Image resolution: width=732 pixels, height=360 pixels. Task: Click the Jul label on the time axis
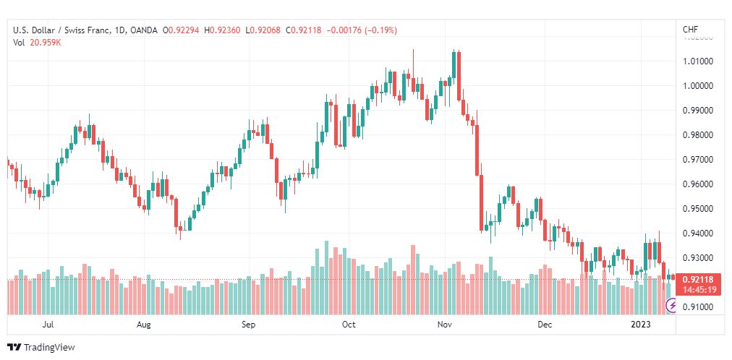click(47, 325)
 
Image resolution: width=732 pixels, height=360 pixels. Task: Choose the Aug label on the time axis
click(144, 325)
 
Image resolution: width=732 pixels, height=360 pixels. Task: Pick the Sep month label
click(248, 325)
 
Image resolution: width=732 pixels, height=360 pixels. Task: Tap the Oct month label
click(349, 325)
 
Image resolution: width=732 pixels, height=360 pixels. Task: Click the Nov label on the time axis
click(444, 325)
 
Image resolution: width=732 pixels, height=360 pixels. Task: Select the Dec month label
click(545, 325)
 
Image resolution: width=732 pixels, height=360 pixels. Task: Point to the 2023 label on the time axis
click(640, 325)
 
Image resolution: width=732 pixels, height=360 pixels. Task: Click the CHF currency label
click(691, 30)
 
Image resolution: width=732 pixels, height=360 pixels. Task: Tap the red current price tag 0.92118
click(698, 280)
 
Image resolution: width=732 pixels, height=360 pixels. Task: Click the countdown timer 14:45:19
click(698, 290)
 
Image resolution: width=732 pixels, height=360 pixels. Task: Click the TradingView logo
click(41, 348)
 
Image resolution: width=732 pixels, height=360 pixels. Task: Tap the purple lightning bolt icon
click(672, 306)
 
